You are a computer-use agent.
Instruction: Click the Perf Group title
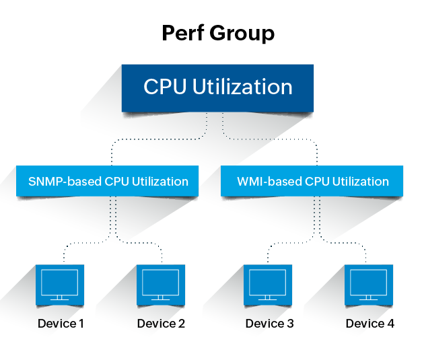tap(217, 32)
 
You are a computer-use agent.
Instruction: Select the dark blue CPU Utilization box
tap(217, 87)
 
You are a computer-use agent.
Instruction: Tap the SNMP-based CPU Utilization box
tap(108, 181)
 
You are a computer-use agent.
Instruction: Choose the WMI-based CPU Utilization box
tap(312, 181)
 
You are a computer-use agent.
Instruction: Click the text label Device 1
tap(61, 324)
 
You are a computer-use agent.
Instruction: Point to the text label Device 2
tap(161, 324)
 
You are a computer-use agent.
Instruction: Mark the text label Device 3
tap(269, 324)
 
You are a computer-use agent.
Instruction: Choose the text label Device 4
tap(370, 324)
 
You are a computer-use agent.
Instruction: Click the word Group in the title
tap(242, 32)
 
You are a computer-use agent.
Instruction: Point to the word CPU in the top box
tap(164, 87)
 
